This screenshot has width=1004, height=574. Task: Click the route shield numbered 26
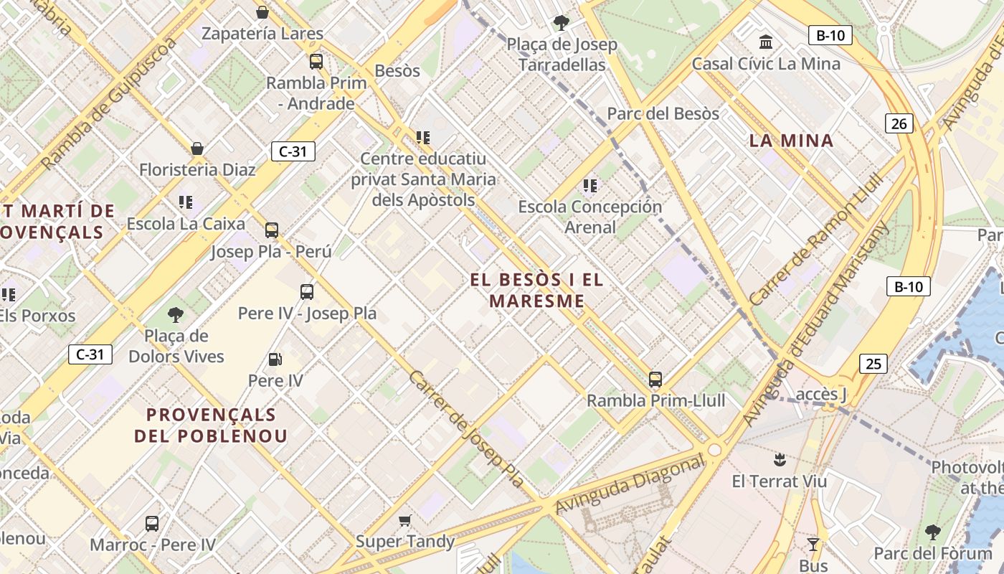click(x=899, y=123)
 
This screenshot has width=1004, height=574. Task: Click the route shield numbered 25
click(x=873, y=364)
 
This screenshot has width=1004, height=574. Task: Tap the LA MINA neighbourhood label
click(x=792, y=141)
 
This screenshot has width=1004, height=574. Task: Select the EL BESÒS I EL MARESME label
click(x=537, y=290)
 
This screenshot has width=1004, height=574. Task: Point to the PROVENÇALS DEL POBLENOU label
click(x=211, y=425)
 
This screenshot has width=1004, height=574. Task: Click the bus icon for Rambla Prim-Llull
click(x=655, y=379)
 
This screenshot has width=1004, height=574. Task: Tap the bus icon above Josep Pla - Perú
click(x=272, y=230)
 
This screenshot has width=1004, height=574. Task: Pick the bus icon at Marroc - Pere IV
click(x=152, y=524)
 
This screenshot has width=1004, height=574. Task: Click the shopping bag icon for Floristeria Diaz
click(x=197, y=149)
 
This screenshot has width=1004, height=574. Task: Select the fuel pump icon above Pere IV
click(x=275, y=359)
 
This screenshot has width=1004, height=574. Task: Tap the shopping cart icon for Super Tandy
click(x=405, y=520)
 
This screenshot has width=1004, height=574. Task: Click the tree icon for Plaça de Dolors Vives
click(x=176, y=314)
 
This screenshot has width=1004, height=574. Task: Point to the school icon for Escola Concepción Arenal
click(x=590, y=187)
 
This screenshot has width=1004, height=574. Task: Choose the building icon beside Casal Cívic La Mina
click(x=766, y=42)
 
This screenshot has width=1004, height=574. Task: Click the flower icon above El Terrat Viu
click(x=779, y=459)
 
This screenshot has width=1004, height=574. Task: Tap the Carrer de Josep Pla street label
click(x=467, y=429)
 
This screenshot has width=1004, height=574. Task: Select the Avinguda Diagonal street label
click(x=630, y=485)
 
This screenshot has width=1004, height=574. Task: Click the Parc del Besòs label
click(x=663, y=113)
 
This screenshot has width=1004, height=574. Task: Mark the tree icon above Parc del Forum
click(x=932, y=532)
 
